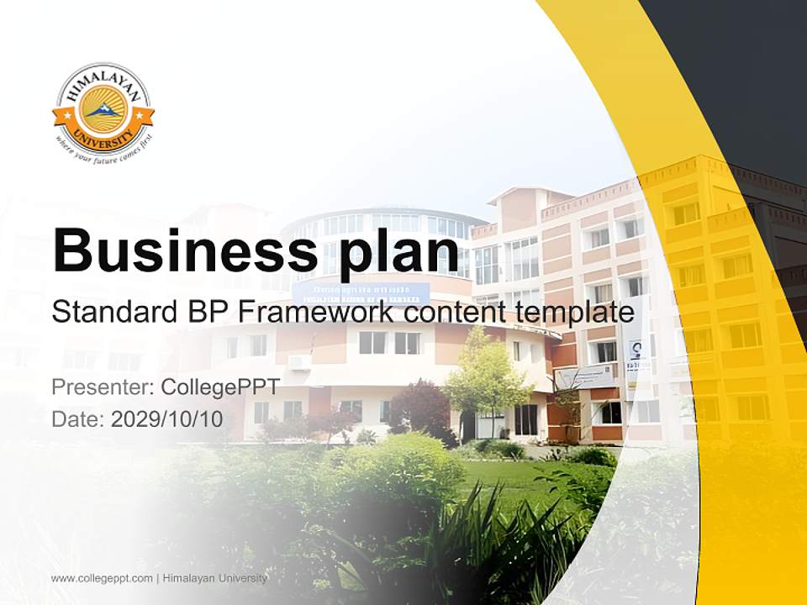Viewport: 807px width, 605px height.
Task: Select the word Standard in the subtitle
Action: pos(110,312)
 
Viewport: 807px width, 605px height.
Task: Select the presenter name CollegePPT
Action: pos(219,387)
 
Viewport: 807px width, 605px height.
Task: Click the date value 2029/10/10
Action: pos(167,418)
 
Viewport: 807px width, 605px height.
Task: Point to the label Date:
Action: pos(78,418)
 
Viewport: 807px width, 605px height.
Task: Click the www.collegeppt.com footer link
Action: pos(102,578)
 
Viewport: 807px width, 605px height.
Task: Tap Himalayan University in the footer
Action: pos(215,578)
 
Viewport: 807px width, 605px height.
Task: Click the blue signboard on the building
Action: pos(361,292)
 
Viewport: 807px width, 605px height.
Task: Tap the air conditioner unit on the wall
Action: pos(298,361)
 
